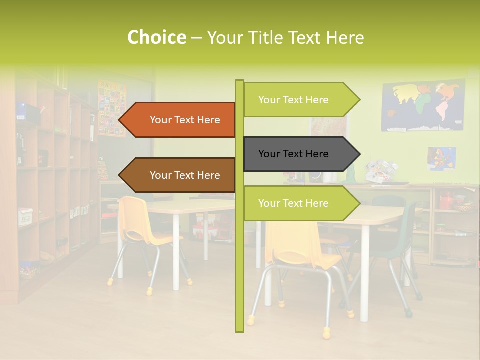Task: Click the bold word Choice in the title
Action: click(156, 37)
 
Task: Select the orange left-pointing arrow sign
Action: click(180, 120)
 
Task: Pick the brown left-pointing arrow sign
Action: click(180, 175)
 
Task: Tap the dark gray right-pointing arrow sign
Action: click(300, 154)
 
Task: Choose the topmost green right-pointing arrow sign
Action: click(300, 100)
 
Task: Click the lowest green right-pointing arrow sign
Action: click(300, 203)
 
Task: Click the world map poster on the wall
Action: click(423, 106)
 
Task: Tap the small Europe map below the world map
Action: click(441, 158)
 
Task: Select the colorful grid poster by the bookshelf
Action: click(112, 108)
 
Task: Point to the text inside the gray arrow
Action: click(293, 154)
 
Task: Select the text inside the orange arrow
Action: click(185, 120)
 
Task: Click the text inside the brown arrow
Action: click(185, 175)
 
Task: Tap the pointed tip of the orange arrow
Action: click(120, 120)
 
